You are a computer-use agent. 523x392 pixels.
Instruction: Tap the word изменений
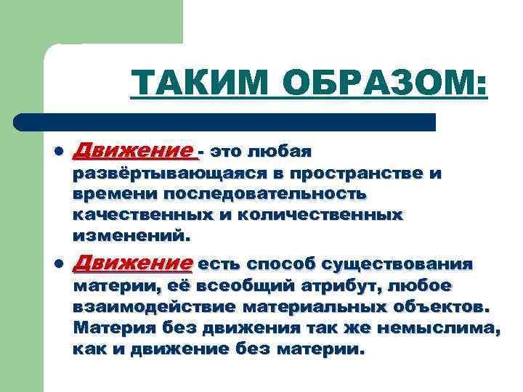(x=131, y=236)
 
